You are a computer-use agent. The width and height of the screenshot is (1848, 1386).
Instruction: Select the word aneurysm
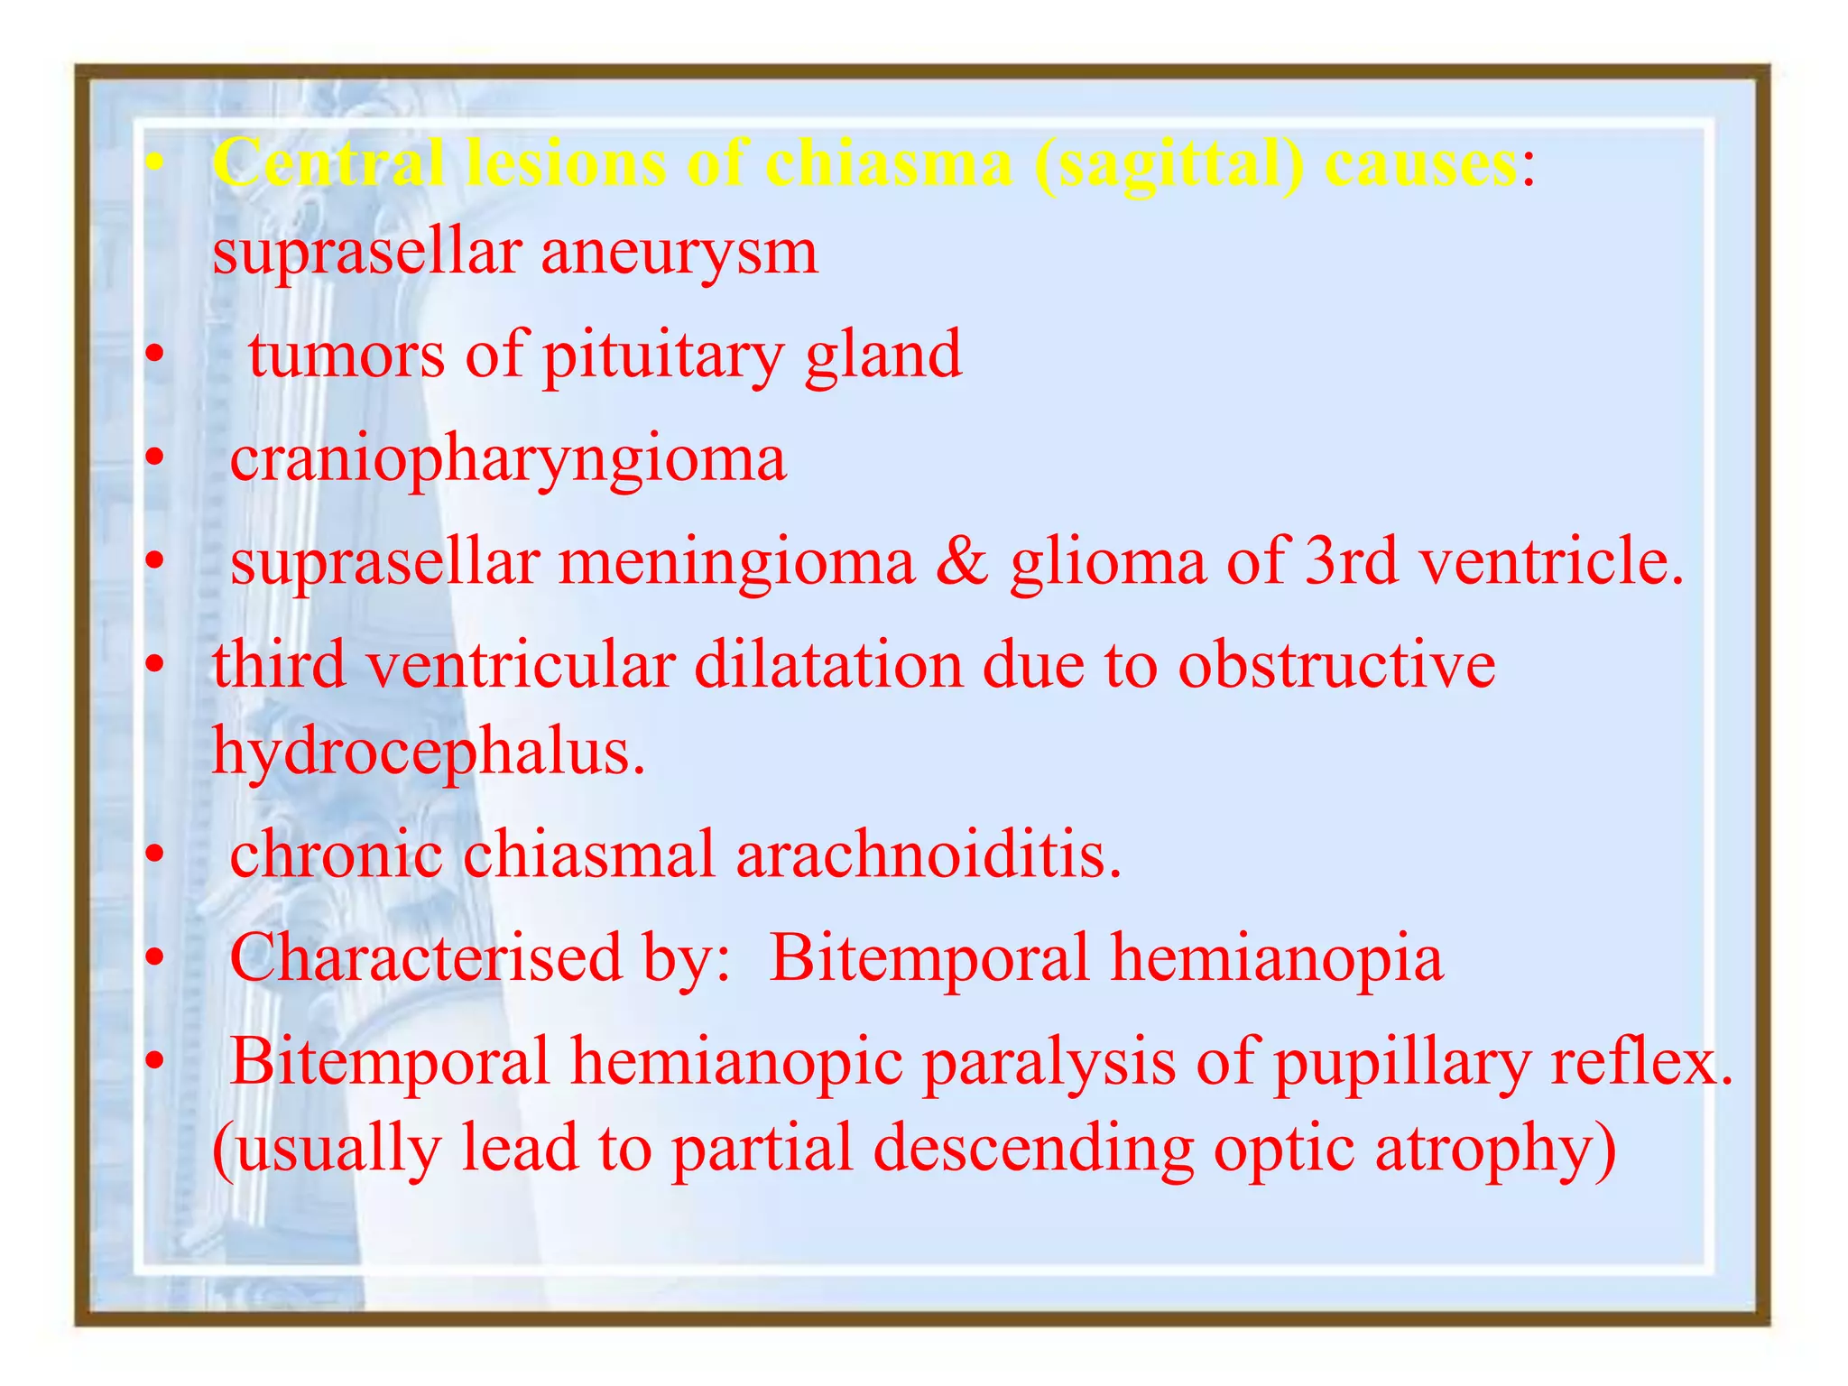pyautogui.click(x=679, y=252)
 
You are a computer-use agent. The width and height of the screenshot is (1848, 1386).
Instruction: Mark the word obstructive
pyautogui.click(x=1336, y=665)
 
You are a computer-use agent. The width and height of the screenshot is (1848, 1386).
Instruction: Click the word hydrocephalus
pyautogui.click(x=429, y=751)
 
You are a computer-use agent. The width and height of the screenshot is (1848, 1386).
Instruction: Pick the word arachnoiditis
pyautogui.click(x=929, y=854)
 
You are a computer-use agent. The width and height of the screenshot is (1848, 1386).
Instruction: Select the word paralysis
pyautogui.click(x=1049, y=1062)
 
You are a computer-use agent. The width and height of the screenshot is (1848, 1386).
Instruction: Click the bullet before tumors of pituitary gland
pyautogui.click(x=155, y=356)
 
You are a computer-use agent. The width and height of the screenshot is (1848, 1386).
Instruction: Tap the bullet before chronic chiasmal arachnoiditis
pyautogui.click(x=155, y=855)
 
